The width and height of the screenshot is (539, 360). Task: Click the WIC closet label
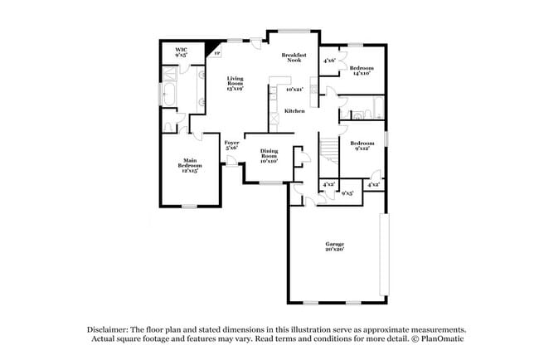[x=182, y=52]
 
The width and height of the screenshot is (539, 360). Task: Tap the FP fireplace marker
[x=217, y=53]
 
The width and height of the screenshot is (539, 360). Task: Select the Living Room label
[x=236, y=84]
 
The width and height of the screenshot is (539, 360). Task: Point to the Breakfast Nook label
[x=297, y=57]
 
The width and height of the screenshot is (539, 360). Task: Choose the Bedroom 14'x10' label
[x=361, y=70]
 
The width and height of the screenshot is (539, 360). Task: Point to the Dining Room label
[x=269, y=154]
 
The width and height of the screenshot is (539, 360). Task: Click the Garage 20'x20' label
[x=334, y=246]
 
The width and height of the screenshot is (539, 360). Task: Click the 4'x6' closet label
[x=329, y=60]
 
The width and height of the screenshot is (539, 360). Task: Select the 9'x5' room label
[x=347, y=192]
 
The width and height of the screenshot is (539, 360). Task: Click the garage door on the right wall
[x=382, y=254]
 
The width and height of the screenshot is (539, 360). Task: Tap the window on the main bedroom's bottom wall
[x=190, y=205]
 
